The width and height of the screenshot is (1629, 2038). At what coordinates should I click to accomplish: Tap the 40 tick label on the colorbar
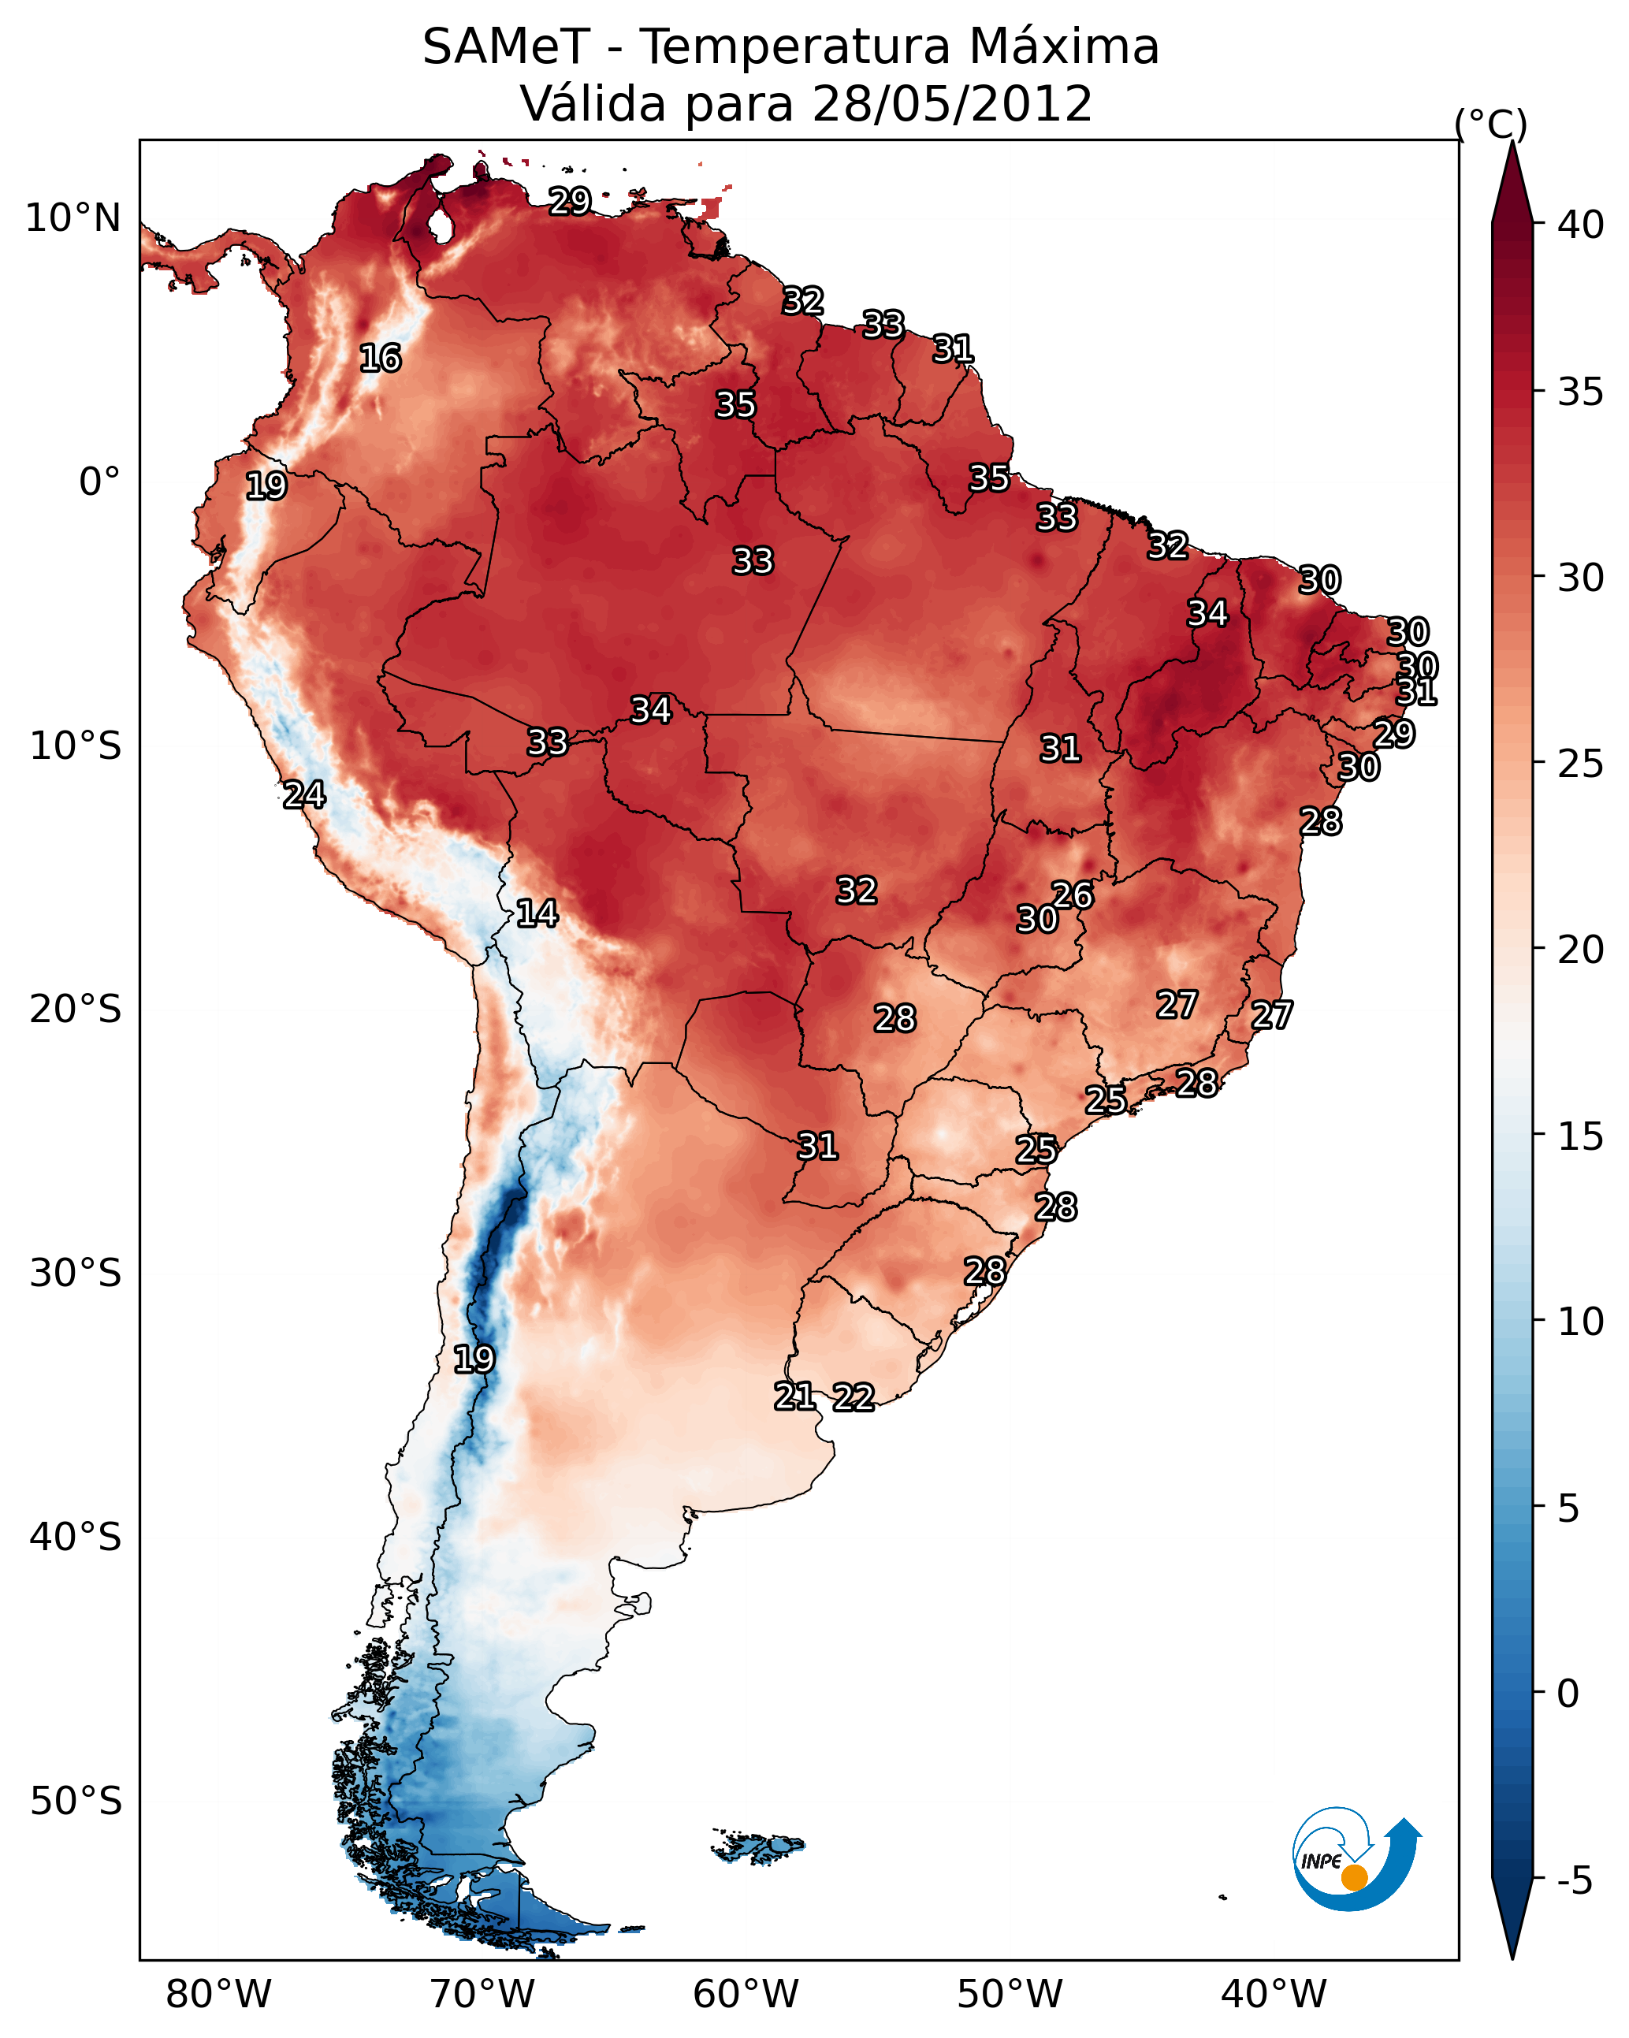pyautogui.click(x=1581, y=225)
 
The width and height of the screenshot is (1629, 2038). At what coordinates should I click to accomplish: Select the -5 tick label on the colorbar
pyautogui.click(x=1575, y=1881)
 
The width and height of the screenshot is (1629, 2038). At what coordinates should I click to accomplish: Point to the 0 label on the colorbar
pyautogui.click(x=1568, y=1694)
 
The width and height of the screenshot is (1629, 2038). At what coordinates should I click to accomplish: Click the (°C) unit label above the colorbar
pyautogui.click(x=1491, y=124)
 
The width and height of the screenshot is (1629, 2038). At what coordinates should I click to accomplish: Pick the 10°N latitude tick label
pyautogui.click(x=73, y=218)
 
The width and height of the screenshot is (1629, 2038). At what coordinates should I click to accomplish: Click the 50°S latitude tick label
pyautogui.click(x=76, y=1802)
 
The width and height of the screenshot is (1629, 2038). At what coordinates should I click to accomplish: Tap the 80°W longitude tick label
pyautogui.click(x=218, y=1995)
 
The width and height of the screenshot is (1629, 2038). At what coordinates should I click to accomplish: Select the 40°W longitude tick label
pyautogui.click(x=1274, y=1995)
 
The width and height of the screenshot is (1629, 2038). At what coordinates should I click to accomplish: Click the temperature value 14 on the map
pyautogui.click(x=537, y=913)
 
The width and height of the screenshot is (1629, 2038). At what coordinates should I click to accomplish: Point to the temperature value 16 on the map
pyautogui.click(x=380, y=359)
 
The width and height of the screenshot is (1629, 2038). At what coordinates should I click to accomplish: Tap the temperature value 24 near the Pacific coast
pyautogui.click(x=304, y=795)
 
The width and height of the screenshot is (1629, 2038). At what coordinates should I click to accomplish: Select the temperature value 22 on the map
pyautogui.click(x=854, y=1397)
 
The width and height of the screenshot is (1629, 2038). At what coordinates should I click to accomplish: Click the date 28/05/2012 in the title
pyautogui.click(x=952, y=103)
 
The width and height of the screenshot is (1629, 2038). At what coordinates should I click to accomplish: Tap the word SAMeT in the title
pyautogui.click(x=506, y=46)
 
